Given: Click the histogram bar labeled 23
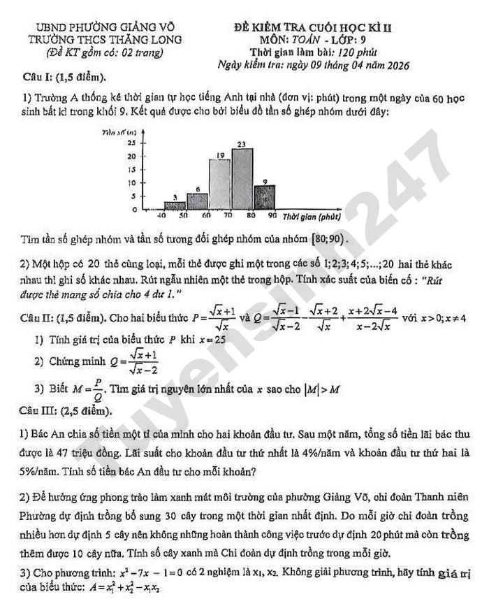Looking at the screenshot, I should click(x=242, y=178).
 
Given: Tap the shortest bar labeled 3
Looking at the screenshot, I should click(x=175, y=205).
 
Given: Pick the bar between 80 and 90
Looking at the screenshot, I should click(x=264, y=196).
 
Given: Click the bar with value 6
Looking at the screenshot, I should click(x=198, y=201).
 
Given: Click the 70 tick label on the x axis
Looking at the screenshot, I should click(x=228, y=216).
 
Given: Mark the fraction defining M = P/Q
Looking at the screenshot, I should click(x=89, y=387).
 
